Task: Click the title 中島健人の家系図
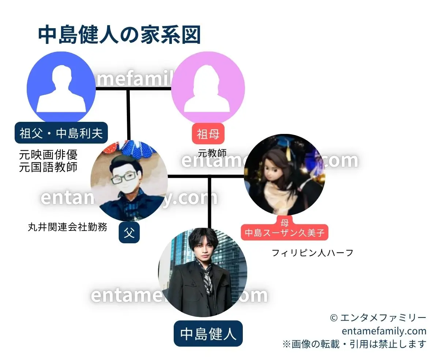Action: click(x=119, y=35)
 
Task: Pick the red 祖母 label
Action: click(x=208, y=134)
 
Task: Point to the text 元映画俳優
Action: click(x=48, y=155)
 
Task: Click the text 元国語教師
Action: click(x=48, y=167)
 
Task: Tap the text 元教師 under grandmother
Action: click(x=212, y=153)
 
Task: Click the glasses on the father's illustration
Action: click(x=124, y=179)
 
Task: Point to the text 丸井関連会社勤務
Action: click(x=68, y=227)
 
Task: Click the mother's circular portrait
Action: click(x=284, y=175)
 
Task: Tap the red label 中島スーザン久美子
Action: click(x=285, y=232)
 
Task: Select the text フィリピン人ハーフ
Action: click(x=313, y=252)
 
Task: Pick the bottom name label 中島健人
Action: click(x=208, y=334)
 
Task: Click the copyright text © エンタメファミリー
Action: click(x=378, y=318)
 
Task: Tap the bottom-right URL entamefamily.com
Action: click(x=384, y=331)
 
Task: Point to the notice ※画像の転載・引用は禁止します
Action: click(x=354, y=344)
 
